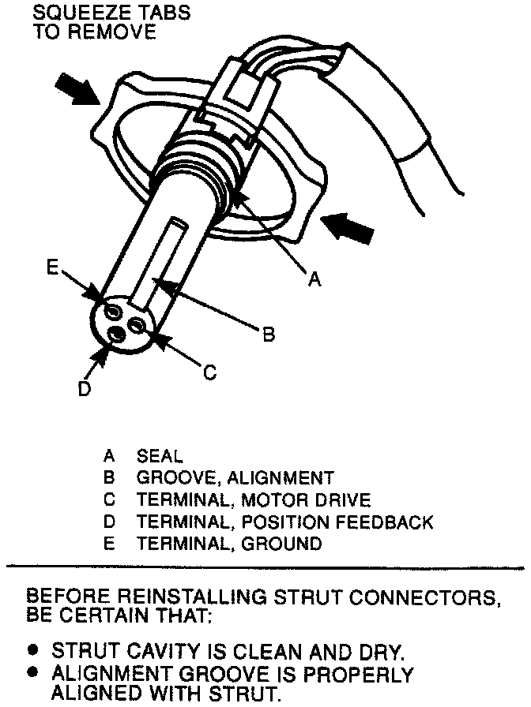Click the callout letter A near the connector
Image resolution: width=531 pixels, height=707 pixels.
[x=314, y=279]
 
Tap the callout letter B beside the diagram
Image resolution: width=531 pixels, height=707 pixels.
[x=269, y=335]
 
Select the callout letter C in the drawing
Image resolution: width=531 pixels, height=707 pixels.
[x=209, y=372]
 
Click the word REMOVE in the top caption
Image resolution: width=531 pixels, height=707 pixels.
[x=118, y=32]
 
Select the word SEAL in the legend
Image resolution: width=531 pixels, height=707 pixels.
[x=160, y=456]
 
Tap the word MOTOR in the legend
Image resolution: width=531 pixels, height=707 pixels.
[x=273, y=500]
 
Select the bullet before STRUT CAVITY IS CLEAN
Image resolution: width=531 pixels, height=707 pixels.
[x=33, y=650]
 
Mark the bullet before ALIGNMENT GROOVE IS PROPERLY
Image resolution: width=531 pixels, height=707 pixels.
[x=33, y=673]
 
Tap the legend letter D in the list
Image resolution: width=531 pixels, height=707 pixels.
[x=109, y=522]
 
